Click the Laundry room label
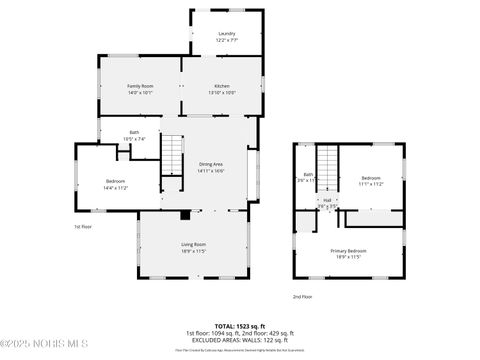(227, 33)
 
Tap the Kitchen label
(221, 87)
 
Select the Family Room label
(140, 87)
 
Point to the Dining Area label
(210, 164)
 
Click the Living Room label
(193, 245)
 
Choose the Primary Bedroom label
(349, 251)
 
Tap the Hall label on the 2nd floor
(327, 200)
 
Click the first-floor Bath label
(134, 132)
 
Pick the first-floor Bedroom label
(116, 181)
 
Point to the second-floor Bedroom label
(371, 178)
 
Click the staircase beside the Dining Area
(174, 155)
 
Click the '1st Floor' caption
(83, 227)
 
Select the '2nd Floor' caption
(302, 297)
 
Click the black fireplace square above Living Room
(185, 214)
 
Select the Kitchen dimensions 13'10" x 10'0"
(221, 93)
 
